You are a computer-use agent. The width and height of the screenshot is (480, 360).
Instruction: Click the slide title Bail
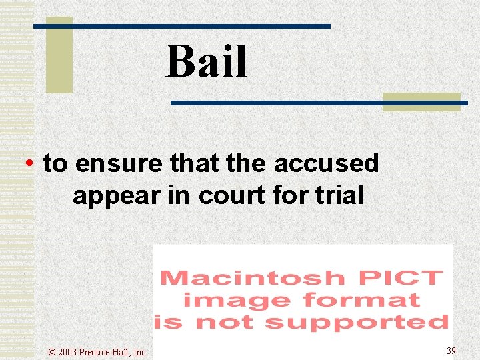coord(206,61)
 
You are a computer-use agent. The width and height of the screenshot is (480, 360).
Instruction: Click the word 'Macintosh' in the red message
coord(252,277)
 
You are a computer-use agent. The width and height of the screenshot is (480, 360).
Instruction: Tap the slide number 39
coord(451,351)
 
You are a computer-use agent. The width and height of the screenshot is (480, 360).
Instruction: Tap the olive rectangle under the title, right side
coord(421,101)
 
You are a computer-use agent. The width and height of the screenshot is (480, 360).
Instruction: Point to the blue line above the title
coord(200,26)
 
